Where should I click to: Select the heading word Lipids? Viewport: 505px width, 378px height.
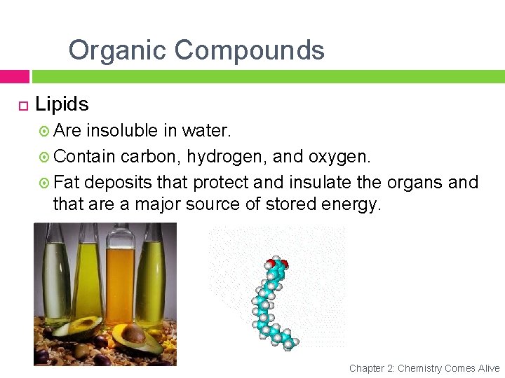click(62, 104)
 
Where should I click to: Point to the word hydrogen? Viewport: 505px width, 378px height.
click(227, 157)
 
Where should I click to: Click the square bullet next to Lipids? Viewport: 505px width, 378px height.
click(22, 106)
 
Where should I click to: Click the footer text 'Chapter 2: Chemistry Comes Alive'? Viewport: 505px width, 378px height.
click(424, 368)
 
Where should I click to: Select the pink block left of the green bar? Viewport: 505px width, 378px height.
click(14, 76)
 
